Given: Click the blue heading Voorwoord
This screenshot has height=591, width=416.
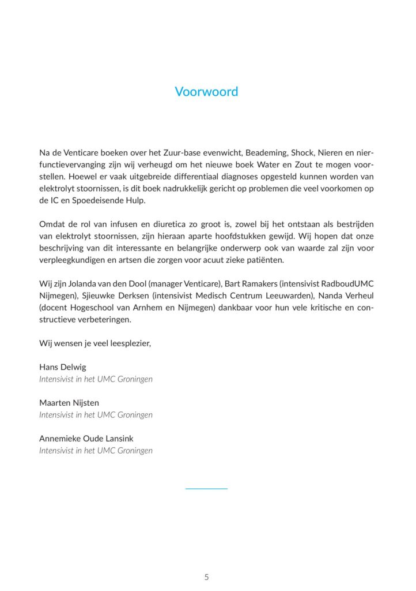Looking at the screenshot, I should (x=206, y=92).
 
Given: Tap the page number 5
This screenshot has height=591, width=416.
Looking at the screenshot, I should (x=207, y=577).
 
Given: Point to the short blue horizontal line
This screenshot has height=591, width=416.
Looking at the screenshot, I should (x=206, y=489).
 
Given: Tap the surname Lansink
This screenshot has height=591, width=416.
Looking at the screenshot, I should (x=118, y=439).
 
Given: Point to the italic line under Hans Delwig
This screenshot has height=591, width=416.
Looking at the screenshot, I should (x=96, y=379).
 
